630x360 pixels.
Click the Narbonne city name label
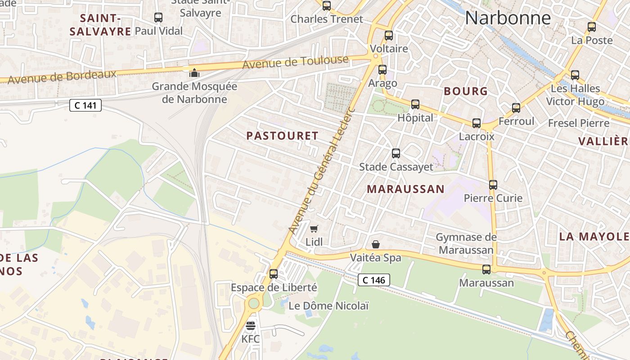point(508,18)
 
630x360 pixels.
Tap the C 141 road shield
point(85,106)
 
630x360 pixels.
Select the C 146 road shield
point(374,280)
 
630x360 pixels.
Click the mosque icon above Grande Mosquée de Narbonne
point(194,72)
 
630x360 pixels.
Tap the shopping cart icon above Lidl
point(314,229)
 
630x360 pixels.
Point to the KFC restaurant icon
point(251,326)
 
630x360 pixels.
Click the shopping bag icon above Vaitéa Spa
point(376,244)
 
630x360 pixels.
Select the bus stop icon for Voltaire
point(388,35)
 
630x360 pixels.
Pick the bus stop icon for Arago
point(382,70)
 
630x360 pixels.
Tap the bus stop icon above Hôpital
point(415,104)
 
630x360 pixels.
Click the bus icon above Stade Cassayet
point(396,153)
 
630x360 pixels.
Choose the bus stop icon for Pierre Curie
point(493,184)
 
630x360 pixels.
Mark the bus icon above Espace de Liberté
point(273,274)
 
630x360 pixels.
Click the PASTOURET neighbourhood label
point(283,136)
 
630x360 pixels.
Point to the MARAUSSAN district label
point(405,189)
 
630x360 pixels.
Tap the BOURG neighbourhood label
point(466,91)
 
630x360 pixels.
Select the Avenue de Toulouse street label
point(295,63)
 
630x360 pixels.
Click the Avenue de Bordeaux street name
point(62,77)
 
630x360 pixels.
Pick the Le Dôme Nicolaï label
point(328,306)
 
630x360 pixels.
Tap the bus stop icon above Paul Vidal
point(158,18)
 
